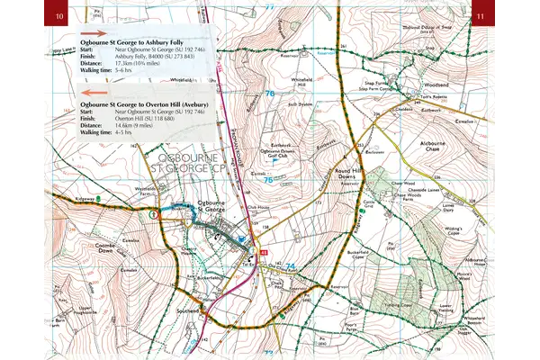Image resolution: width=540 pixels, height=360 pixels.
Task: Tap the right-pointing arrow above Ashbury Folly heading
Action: (94, 32)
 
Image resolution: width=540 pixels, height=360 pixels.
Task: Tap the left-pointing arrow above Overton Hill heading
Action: (94, 92)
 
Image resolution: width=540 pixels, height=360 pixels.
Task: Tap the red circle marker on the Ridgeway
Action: (154, 214)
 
